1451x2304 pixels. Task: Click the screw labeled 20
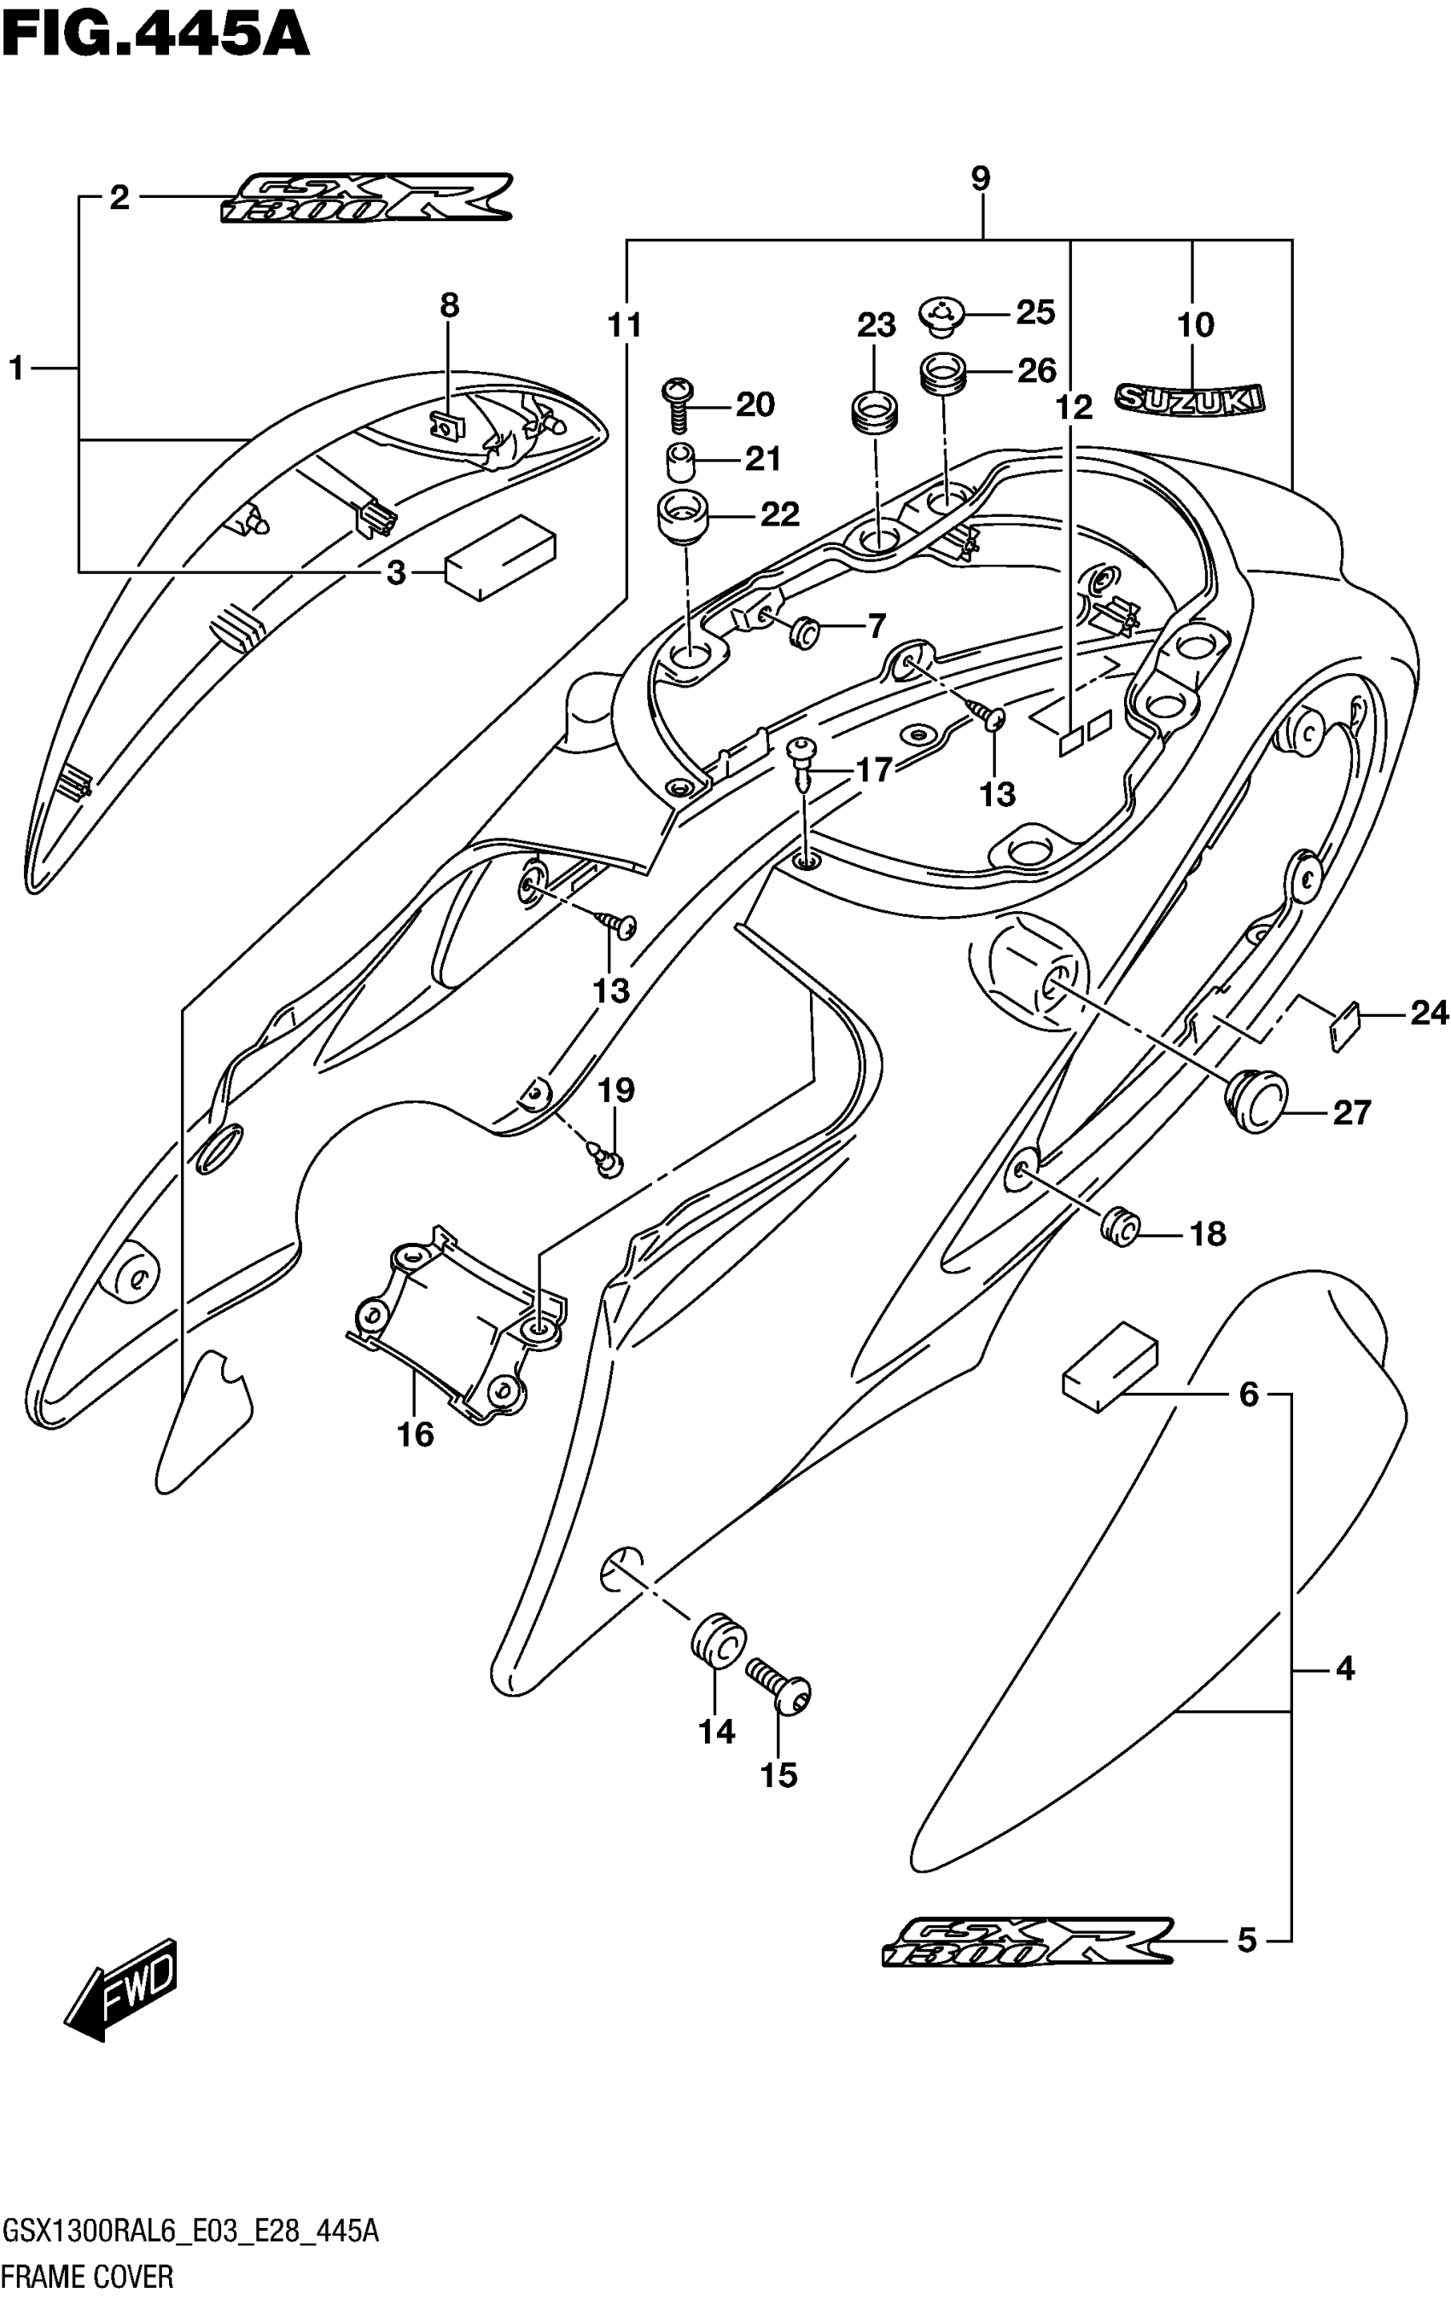point(679,403)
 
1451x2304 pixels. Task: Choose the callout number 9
point(980,179)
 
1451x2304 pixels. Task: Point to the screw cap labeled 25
point(941,314)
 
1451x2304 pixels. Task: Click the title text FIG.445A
point(156,37)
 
